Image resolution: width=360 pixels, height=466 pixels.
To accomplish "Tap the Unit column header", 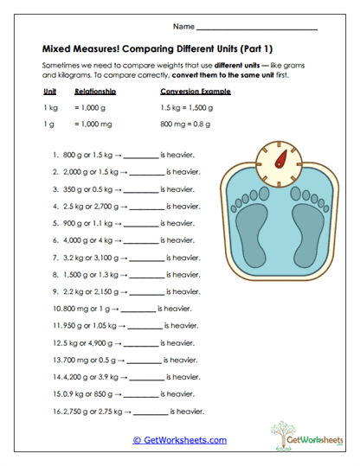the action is coord(49,91).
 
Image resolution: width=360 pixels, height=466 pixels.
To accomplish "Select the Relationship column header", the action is coord(95,91).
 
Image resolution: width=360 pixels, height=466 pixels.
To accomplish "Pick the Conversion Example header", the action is coord(197,91).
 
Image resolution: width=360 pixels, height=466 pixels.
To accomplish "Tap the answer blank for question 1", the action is coord(142,156).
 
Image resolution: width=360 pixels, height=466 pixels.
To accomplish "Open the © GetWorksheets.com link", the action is coord(180,440).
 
